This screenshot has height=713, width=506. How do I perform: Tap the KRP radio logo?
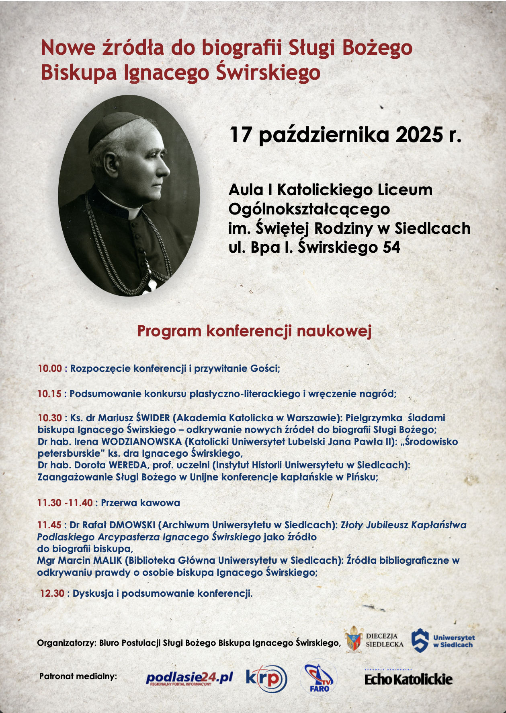[x=266, y=678]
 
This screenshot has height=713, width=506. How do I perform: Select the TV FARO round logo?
[x=319, y=678]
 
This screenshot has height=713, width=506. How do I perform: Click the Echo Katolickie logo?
[x=408, y=679]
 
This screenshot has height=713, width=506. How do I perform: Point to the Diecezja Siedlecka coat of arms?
[x=353, y=639]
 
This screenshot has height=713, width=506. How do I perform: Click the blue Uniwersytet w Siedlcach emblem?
[x=420, y=640]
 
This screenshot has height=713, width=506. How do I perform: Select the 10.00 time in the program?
[x=50, y=368]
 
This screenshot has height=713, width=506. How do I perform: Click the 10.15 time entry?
[x=49, y=394]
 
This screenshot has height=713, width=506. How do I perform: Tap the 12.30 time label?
[x=52, y=593]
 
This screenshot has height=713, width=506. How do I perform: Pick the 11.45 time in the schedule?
[x=49, y=525]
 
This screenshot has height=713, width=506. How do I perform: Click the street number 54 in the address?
[x=391, y=247]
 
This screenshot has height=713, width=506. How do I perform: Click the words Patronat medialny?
[x=78, y=676]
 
